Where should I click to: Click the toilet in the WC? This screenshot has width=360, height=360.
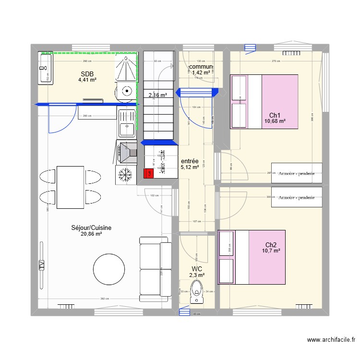[196, 292]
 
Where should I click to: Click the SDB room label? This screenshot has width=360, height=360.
[87, 74]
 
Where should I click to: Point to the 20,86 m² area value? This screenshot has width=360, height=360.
[91, 234]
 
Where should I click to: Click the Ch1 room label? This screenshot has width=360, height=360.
[275, 115]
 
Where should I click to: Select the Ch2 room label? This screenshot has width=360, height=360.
[271, 244]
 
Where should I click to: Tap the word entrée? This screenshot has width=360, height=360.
[190, 161]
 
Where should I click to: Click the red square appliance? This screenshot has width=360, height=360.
[148, 174]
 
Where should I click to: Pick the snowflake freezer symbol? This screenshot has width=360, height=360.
[126, 175]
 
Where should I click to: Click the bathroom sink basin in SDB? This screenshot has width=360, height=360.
[47, 68]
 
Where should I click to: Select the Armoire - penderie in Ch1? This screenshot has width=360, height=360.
[297, 173]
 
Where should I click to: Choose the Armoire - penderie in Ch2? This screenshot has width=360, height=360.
[297, 197]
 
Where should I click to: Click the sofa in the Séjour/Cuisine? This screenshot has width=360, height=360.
[155, 269]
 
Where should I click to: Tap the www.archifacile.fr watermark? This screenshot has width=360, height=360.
[331, 340]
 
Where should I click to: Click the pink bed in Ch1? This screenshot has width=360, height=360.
[279, 101]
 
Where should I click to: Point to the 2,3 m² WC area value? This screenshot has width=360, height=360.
[197, 276]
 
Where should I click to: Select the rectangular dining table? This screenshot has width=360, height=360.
[70, 187]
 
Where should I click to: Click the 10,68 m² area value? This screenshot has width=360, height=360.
[275, 121]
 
